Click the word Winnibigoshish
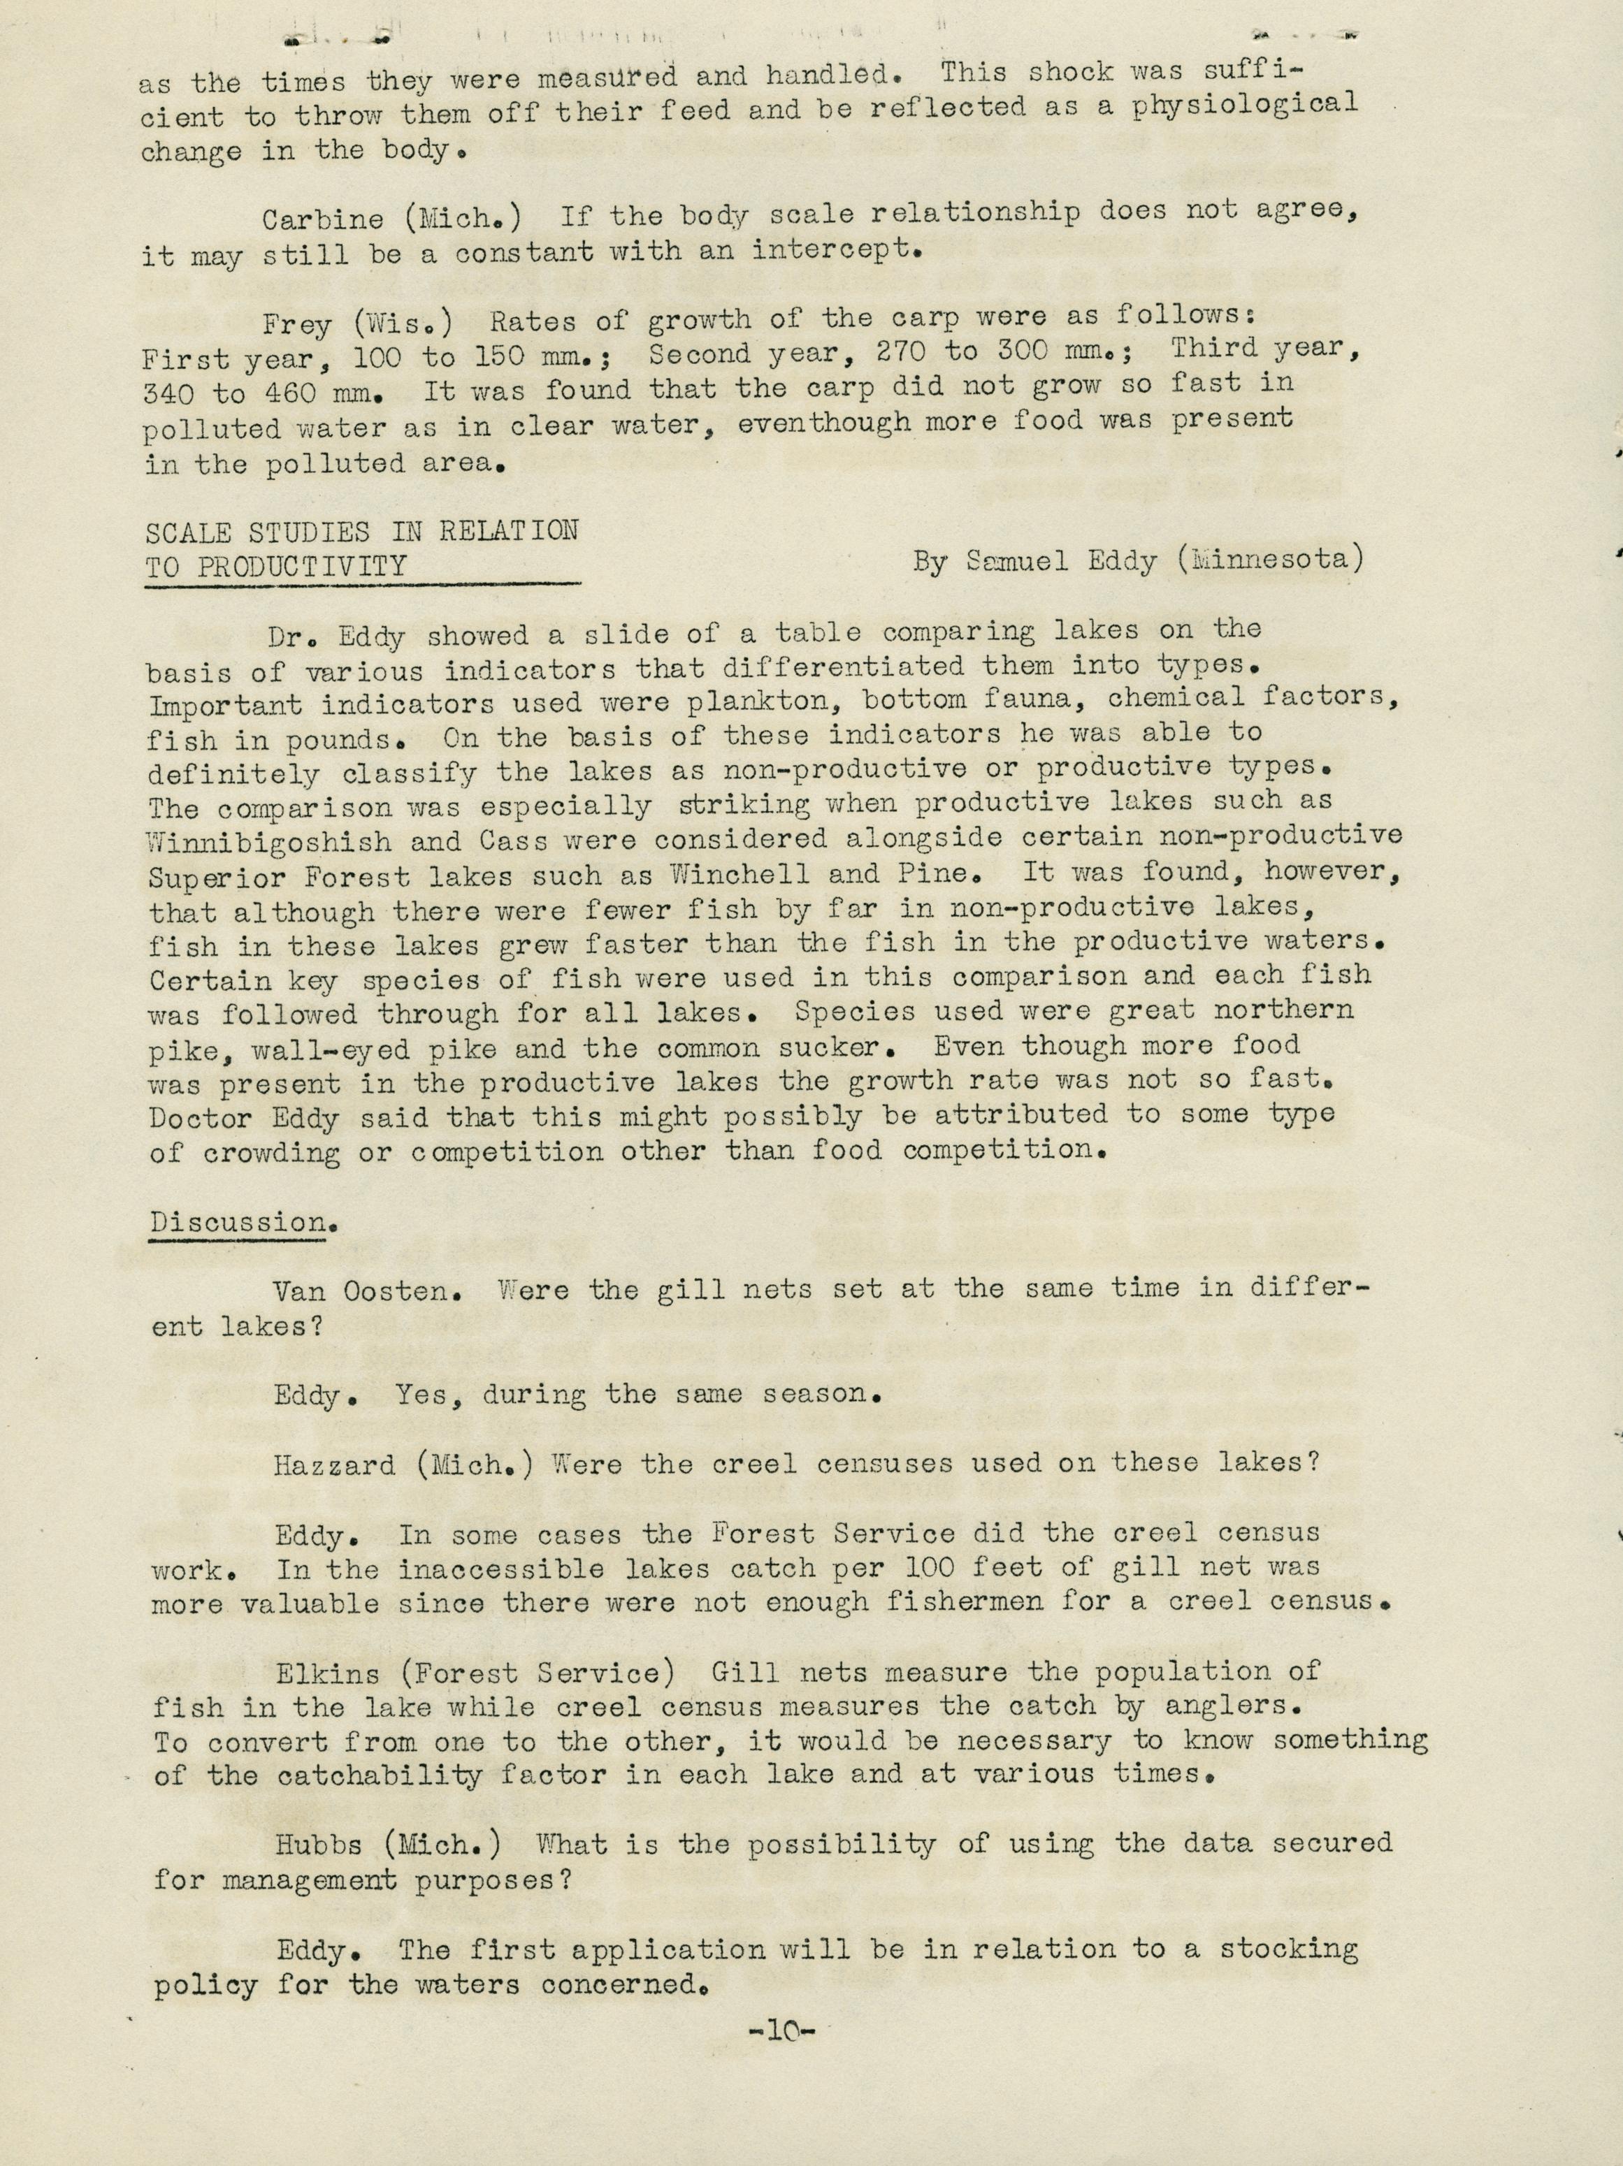pyautogui.click(x=268, y=842)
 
